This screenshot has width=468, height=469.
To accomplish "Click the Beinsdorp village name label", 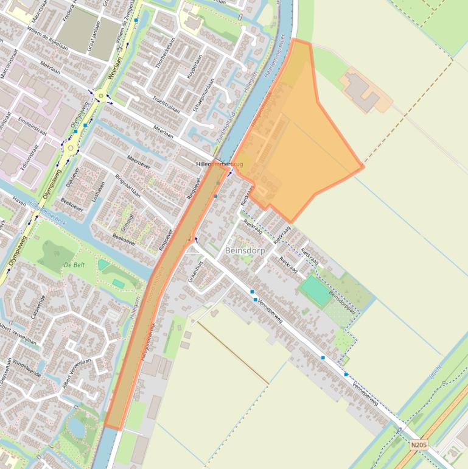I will (x=245, y=250).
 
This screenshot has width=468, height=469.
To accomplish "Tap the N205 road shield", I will (x=418, y=445).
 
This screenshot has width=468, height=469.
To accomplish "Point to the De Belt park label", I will (x=73, y=265).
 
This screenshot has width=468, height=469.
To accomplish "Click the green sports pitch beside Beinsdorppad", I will (x=316, y=291).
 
